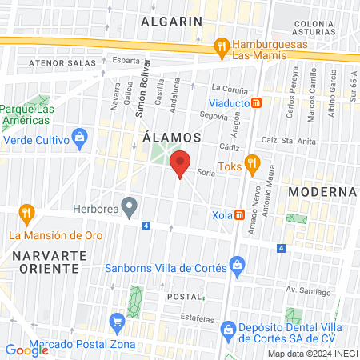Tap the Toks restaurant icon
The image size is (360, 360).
coord(252,165)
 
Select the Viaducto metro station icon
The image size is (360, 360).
coord(256,102)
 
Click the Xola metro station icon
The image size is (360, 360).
coord(241,214)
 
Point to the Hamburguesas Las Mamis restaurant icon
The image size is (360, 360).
coord(222,48)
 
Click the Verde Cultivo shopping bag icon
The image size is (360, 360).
coord(79,139)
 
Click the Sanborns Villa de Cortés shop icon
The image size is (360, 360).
coord(236,264)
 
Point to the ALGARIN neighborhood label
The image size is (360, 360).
coord(170,22)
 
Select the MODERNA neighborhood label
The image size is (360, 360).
coord(322,192)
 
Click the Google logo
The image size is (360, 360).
coord(27,350)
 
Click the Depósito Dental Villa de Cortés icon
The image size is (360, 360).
coord(228,328)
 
